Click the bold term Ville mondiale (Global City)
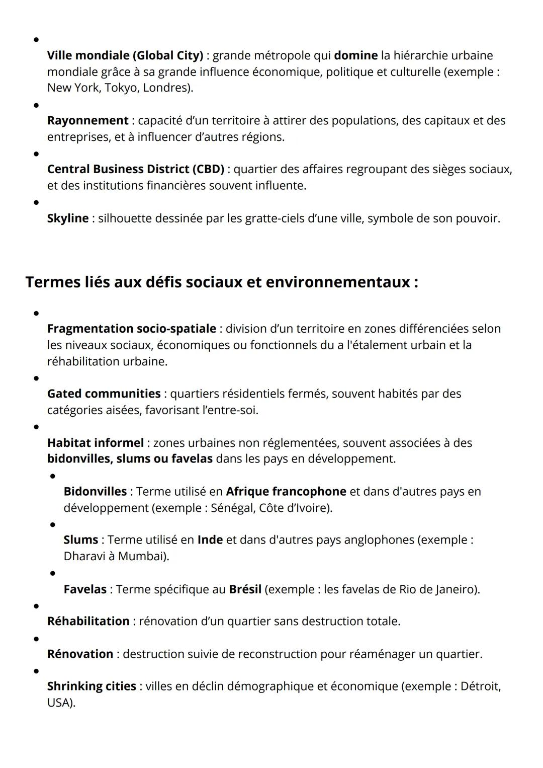tap(125, 55)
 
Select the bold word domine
tap(355, 55)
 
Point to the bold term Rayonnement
tap(87, 121)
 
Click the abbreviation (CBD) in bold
tap(208, 169)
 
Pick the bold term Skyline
tap(68, 218)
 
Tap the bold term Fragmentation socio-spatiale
tap(132, 329)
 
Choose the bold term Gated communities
tap(104, 394)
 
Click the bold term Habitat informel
tap(95, 443)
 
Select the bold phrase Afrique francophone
tap(286, 491)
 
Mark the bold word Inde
tap(210, 540)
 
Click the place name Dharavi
tap(83, 556)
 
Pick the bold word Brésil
tap(245, 589)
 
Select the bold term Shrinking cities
tap(92, 686)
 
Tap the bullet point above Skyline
tap(36, 203)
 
